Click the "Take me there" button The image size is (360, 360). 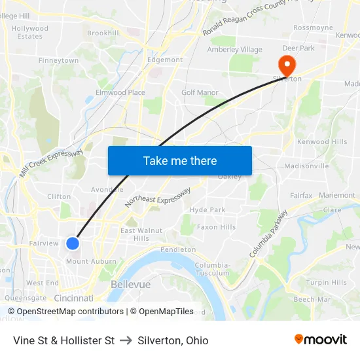[x=180, y=160]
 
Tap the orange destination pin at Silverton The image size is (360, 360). [x=287, y=65]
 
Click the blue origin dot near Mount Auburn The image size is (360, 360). [x=73, y=243]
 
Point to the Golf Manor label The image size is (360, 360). [x=200, y=93]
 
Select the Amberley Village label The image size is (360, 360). [x=234, y=50]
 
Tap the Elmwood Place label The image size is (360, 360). [x=120, y=93]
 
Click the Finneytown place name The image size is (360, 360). [x=58, y=60]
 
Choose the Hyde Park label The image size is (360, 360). [x=207, y=210]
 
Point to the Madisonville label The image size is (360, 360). [x=306, y=166]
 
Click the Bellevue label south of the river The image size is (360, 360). [x=130, y=285]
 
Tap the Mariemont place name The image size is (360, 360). [x=337, y=195]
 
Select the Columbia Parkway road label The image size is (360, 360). [x=268, y=234]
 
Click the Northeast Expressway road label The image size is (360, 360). [x=158, y=197]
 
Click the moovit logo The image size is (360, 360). [x=320, y=340]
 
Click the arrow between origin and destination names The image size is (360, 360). [x=126, y=340]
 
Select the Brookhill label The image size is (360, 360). [x=103, y=33]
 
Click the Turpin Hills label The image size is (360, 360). [x=326, y=283]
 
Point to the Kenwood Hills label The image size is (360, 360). [x=322, y=142]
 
